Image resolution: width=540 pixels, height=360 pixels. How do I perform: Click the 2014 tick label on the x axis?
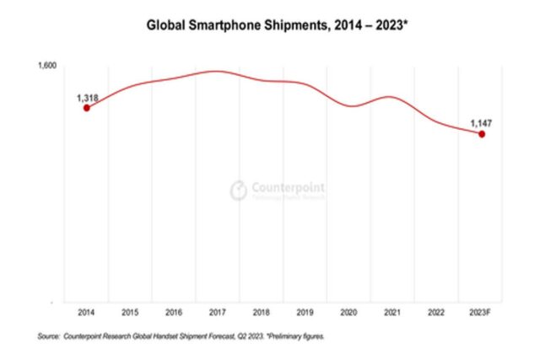87,312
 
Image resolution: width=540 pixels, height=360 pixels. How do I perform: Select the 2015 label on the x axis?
131,312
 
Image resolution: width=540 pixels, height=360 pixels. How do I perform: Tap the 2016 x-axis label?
175,312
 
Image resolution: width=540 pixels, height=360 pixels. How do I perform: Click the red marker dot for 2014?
87,108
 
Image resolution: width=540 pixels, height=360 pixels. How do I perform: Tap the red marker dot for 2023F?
482,134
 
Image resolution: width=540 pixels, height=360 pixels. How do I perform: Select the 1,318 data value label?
87,98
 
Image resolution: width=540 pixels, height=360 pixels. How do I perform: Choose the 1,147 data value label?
482,123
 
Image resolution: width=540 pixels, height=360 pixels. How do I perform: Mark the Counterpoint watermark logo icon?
239,190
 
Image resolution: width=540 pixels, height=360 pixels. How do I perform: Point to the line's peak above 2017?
217,72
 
